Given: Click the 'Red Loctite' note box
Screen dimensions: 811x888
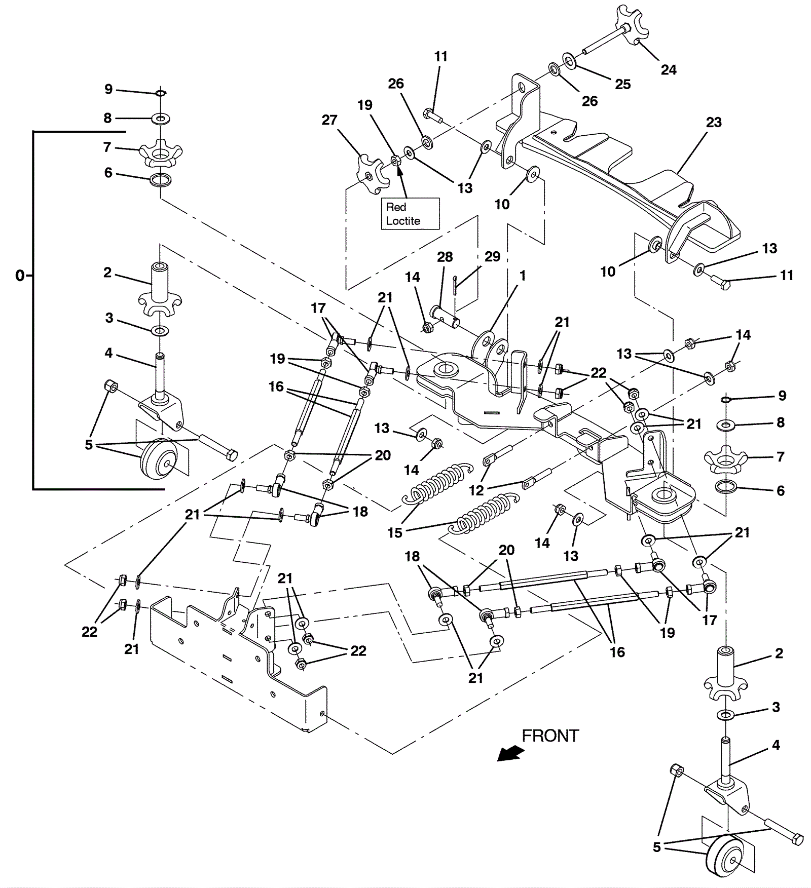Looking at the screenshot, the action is [410, 214].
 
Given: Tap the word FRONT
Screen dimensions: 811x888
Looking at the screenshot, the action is [550, 736].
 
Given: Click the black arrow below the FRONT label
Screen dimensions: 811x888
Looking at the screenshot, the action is [510, 753].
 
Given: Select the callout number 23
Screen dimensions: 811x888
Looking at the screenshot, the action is [714, 123].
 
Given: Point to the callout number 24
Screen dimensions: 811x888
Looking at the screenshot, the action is [669, 70].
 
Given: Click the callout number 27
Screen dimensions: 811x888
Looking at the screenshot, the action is [329, 120].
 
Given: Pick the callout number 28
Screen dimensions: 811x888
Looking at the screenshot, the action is [445, 257].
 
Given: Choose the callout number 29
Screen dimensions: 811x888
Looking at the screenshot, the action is [492, 257].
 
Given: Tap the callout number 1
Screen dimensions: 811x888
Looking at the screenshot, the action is [523, 276].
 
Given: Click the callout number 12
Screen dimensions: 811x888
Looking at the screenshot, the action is [476, 490].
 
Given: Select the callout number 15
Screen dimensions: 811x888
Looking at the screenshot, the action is [395, 533].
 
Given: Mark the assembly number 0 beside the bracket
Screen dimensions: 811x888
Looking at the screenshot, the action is [20, 276].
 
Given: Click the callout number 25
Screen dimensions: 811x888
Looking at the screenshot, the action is [623, 85].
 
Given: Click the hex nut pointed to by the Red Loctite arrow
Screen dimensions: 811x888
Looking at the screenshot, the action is [397, 161].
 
